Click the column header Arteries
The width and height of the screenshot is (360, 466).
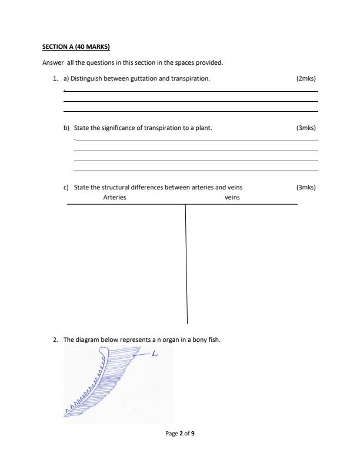tap(115, 198)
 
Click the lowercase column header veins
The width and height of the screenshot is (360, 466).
tap(232, 198)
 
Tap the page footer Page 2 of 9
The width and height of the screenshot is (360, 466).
tap(180, 434)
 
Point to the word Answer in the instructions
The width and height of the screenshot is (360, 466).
tap(52, 63)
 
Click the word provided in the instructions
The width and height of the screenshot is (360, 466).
tap(210, 63)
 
